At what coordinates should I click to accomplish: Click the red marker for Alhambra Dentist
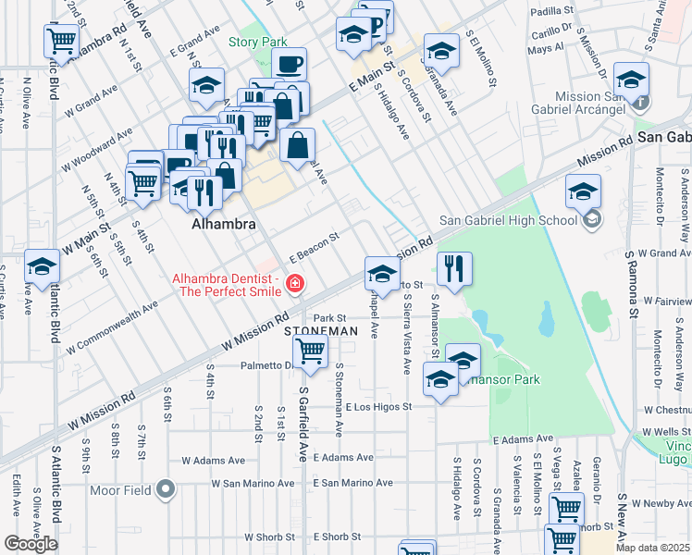pyautogui.click(x=294, y=283)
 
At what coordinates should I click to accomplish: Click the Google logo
pyautogui.click(x=31, y=544)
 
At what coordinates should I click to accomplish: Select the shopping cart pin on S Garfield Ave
pyautogui.click(x=310, y=351)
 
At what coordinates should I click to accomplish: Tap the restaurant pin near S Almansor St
pyautogui.click(x=453, y=269)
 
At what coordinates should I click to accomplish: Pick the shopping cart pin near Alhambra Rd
pyautogui.click(x=61, y=40)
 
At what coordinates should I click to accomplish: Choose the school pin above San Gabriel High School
pyautogui.click(x=583, y=193)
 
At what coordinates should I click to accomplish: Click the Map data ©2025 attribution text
pyautogui.click(x=653, y=548)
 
